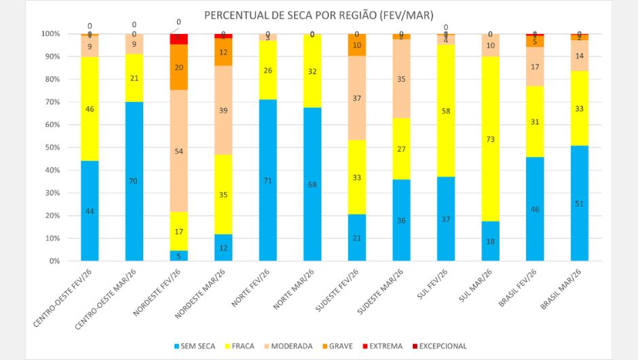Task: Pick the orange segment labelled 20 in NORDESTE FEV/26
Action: [178, 67]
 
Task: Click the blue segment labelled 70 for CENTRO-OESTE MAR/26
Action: [134, 181]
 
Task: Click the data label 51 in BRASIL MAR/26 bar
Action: [579, 203]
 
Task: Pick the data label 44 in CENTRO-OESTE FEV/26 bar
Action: [90, 211]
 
